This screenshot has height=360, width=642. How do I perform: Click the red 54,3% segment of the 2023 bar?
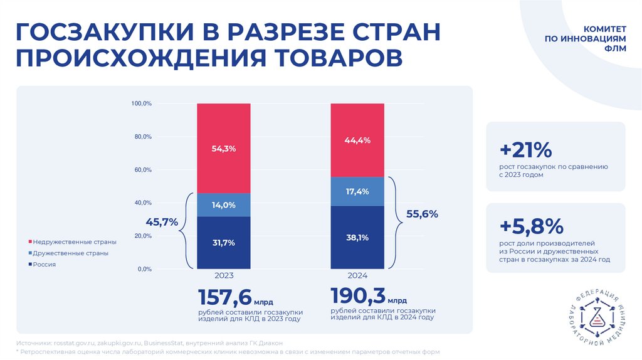(224, 148)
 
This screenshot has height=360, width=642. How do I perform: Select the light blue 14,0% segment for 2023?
(224, 205)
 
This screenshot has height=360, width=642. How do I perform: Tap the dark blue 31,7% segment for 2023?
(224, 243)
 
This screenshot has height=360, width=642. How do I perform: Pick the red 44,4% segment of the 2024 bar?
(357, 140)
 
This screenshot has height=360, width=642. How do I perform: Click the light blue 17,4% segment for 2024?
(357, 191)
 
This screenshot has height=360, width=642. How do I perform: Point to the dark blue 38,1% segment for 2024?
(357, 237)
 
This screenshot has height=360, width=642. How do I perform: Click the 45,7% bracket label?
(162, 222)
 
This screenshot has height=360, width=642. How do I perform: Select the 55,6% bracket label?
(421, 214)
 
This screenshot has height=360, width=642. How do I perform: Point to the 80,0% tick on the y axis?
(142, 137)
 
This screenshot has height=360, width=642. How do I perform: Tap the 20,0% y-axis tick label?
(142, 236)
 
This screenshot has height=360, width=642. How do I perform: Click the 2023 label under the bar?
(224, 276)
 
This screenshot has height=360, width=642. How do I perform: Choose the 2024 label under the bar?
(357, 276)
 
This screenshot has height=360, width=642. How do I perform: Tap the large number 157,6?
(225, 297)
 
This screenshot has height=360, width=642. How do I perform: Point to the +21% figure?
(525, 151)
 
